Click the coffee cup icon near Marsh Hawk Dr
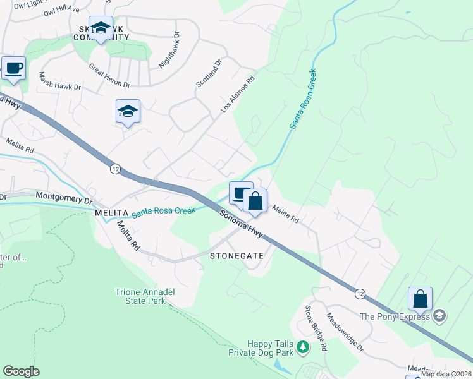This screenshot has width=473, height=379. tap(13, 68)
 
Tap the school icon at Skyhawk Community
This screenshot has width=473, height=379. tap(101, 28)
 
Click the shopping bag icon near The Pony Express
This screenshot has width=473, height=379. tap(420, 299)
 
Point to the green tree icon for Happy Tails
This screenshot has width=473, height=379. tap(304, 347)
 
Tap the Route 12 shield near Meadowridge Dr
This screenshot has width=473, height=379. tap(360, 294)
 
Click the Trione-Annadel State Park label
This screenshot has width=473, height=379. tap(140, 297)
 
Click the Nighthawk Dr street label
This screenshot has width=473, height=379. tap(169, 51)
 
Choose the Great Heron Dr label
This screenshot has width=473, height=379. tap(109, 75)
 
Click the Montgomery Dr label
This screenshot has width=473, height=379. tap(64, 197)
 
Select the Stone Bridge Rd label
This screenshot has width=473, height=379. tap(315, 328)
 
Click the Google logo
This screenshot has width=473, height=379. tap(21, 371)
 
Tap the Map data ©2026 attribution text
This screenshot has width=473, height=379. tap(446, 374)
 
